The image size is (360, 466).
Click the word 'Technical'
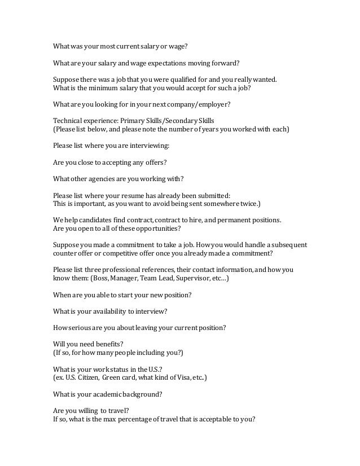[x=68, y=121]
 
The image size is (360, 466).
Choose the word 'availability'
[x=109, y=311]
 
